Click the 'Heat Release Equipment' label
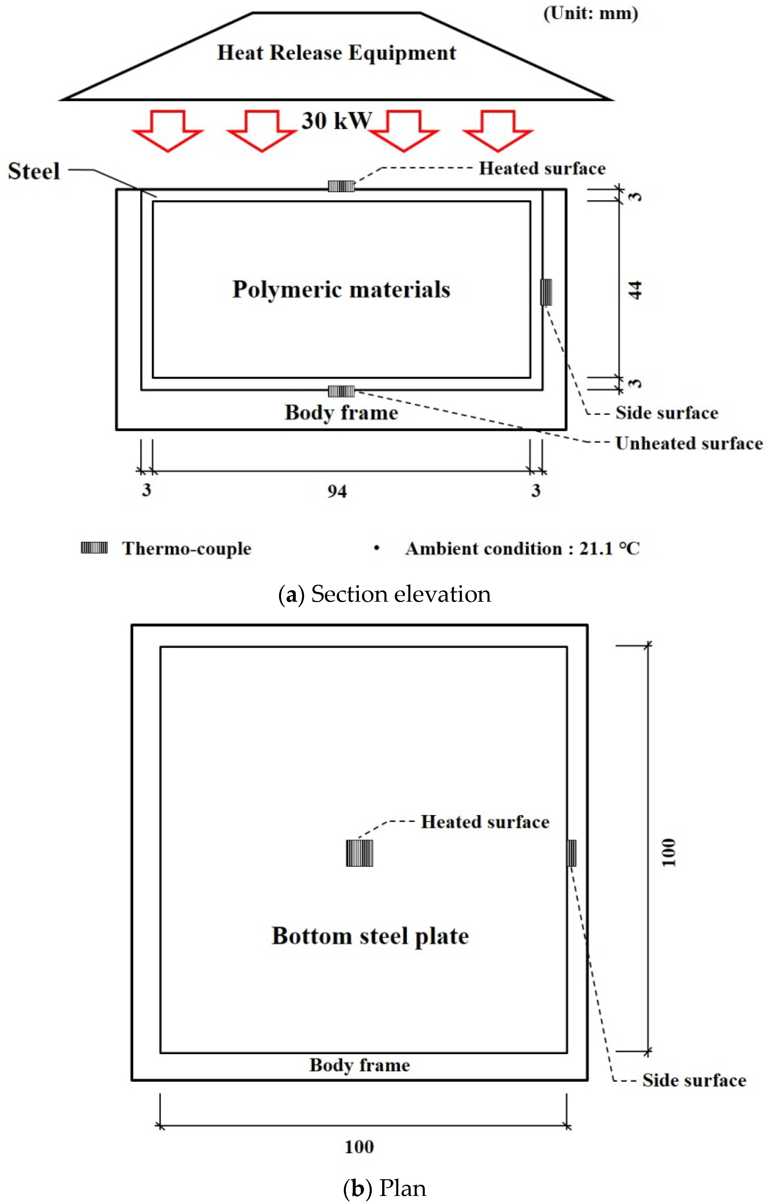[x=336, y=52]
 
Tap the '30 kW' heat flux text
[x=336, y=121]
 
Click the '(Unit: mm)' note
[x=590, y=14]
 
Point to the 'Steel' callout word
[x=33, y=172]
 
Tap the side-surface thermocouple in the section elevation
[x=546, y=292]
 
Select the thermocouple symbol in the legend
[x=94, y=548]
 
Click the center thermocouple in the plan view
[x=359, y=853]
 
